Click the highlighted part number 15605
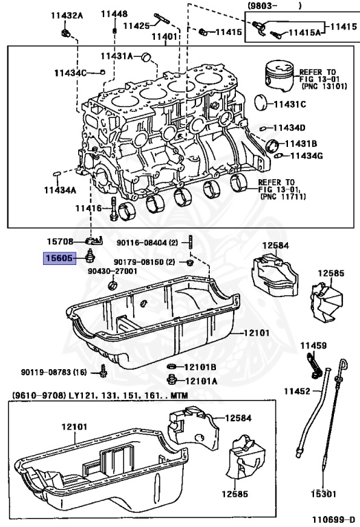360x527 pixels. point(60,259)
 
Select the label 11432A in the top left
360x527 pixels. point(65,14)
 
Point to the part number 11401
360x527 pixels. point(165,36)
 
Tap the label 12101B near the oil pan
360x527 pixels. point(200,366)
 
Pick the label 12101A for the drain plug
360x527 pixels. point(200,381)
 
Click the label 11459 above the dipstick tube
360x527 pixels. point(312,346)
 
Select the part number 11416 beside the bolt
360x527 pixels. point(88,208)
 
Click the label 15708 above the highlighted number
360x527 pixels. point(60,242)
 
